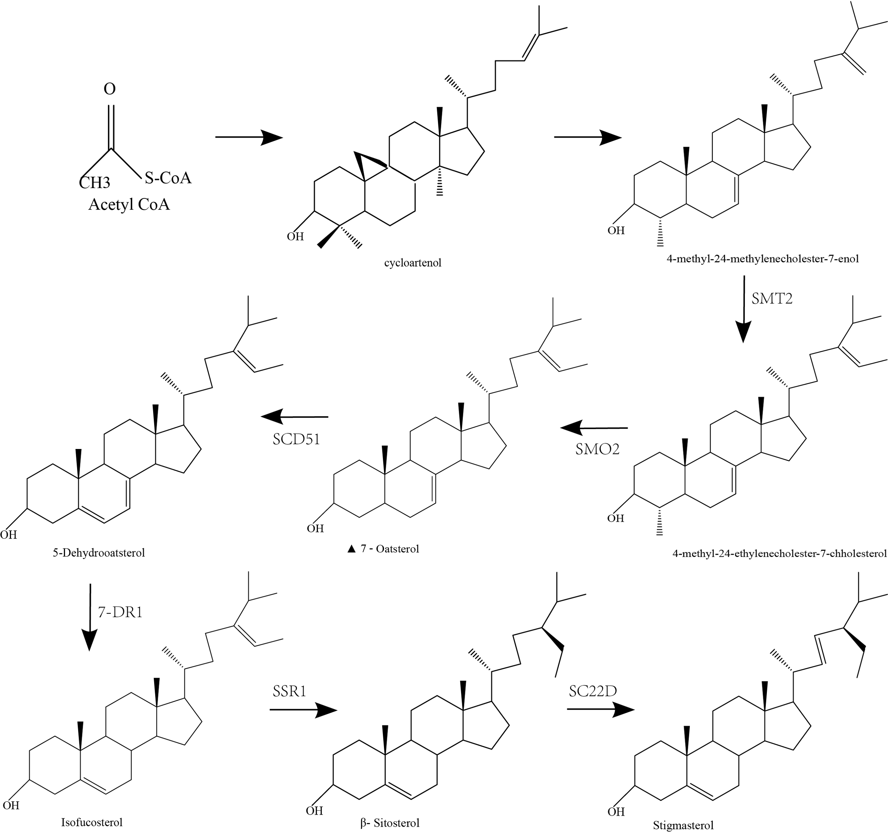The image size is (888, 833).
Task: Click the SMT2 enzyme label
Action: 772,298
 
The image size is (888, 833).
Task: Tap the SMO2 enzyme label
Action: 597,449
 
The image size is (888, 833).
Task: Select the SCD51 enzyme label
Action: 296,439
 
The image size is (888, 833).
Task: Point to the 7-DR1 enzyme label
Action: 120,612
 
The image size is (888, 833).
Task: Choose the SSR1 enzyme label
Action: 289,691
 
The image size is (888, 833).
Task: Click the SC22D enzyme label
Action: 593,691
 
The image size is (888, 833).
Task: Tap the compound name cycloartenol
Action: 412,263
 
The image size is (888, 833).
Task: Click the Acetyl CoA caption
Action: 129,204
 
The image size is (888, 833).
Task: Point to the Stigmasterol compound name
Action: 683,825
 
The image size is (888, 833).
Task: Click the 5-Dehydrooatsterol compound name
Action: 99,553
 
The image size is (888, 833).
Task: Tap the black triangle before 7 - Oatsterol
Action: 351,549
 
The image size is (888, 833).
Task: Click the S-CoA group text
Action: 168,178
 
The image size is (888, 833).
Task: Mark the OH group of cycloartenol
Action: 295,236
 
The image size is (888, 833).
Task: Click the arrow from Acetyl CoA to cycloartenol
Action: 249,137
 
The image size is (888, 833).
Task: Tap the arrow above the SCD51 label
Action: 295,417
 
